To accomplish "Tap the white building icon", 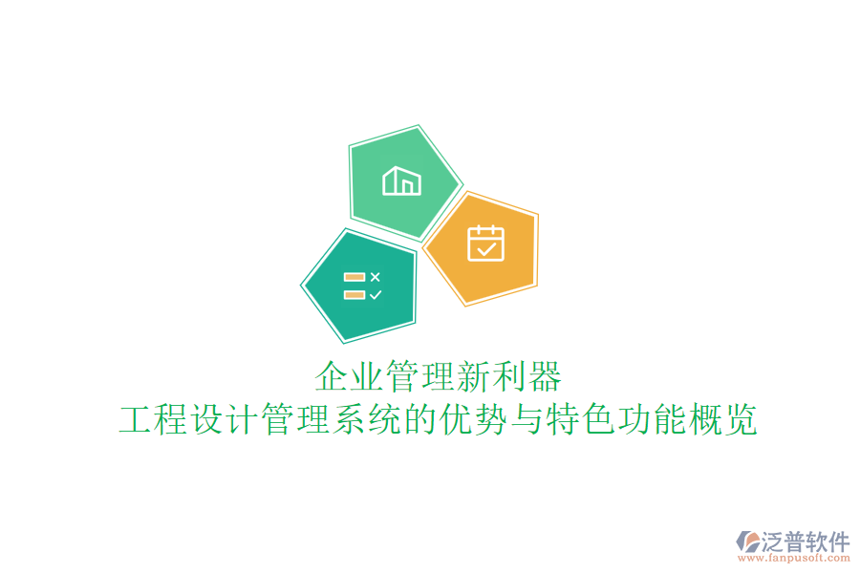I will [401, 180].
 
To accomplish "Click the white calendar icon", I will [485, 243].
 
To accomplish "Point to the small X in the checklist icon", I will [376, 277].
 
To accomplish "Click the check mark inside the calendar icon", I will [486, 249].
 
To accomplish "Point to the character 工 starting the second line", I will [136, 419].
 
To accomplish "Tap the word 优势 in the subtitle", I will [473, 419].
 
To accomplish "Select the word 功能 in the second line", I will [650, 419].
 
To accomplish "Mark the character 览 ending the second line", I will [740, 419].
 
